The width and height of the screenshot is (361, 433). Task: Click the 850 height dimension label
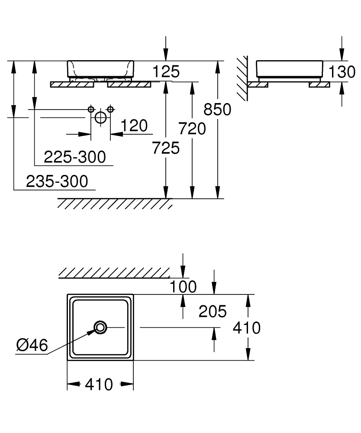pyautogui.click(x=217, y=110)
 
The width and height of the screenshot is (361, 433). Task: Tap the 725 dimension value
pyautogui.click(x=166, y=148)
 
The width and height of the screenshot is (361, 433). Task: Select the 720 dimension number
pyautogui.click(x=192, y=129)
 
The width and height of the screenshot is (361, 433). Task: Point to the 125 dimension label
pyautogui.click(x=166, y=71)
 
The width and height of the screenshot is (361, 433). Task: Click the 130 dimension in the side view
pyautogui.click(x=342, y=72)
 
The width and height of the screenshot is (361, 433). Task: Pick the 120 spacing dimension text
pyautogui.click(x=134, y=126)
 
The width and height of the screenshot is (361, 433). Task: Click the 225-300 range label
pyautogui.click(x=75, y=157)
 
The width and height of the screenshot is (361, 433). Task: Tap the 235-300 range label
pyautogui.click(x=57, y=181)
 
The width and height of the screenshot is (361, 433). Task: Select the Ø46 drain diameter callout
pyautogui.click(x=32, y=345)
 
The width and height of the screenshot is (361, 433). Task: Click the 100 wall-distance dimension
pyautogui.click(x=183, y=287)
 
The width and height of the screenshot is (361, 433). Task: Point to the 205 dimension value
pyautogui.click(x=213, y=311)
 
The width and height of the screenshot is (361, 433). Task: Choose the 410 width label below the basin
pyautogui.click(x=99, y=385)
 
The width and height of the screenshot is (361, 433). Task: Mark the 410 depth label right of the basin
pyautogui.click(x=247, y=328)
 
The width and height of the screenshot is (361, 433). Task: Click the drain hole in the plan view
pyautogui.click(x=100, y=327)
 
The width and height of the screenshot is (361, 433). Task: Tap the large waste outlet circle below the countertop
pyautogui.click(x=100, y=117)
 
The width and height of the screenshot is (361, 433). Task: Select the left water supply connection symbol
pyautogui.click(x=91, y=110)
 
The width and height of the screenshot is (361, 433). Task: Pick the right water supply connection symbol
pyautogui.click(x=110, y=110)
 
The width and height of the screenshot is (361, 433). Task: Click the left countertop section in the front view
pyautogui.click(x=72, y=84)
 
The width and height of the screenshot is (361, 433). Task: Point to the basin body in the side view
pyautogui.click(x=289, y=69)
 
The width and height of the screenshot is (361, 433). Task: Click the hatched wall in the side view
pyautogui.click(x=242, y=78)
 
